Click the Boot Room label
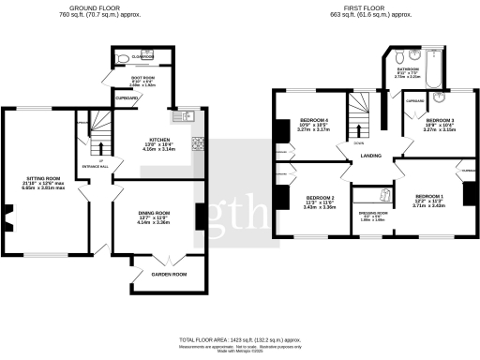pyautogui.click(x=138, y=78)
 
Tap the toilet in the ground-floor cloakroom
pyautogui.click(x=124, y=58)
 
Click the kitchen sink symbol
pyautogui.click(x=186, y=117)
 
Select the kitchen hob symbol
pyautogui.click(x=198, y=144)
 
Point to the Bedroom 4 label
pyautogui.click(x=314, y=121)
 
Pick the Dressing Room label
pyautogui.click(x=372, y=213)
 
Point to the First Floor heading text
pyautogui.click(x=364, y=10)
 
